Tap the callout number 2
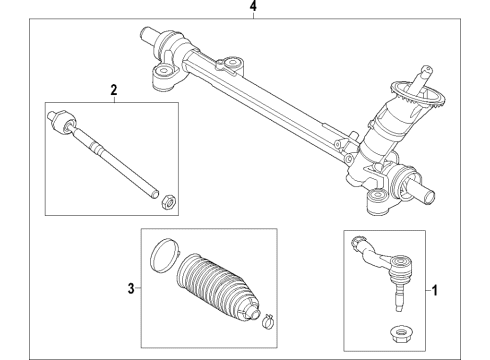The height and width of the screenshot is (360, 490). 113,91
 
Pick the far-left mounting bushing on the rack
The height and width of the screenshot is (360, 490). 160,76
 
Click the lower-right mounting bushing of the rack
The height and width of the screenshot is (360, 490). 378,206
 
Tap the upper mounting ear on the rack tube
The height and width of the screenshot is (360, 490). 232,67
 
